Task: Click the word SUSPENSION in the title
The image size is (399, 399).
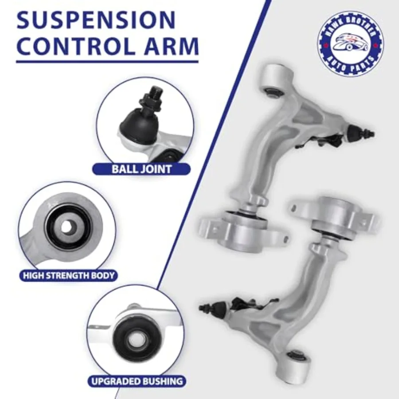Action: click(96, 20)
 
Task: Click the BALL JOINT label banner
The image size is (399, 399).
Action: click(141, 169)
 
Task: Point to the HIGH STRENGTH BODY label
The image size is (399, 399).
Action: click(68, 275)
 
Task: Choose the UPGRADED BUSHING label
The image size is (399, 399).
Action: click(137, 380)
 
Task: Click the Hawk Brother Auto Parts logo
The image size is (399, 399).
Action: click(350, 43)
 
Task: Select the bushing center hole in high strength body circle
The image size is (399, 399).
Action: click(66, 227)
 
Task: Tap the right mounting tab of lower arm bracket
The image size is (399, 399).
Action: click(368, 219)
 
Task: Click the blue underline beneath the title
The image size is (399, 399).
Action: click(107, 61)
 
